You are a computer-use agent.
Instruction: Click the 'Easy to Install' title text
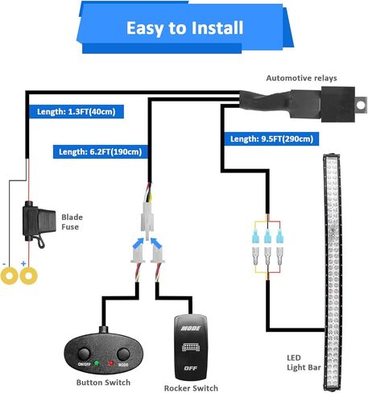184,28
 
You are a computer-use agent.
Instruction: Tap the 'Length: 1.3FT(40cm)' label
76,111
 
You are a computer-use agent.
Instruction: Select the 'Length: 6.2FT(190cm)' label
101,152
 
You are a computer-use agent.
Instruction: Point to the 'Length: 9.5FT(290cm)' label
271,139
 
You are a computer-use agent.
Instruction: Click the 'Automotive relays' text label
301,78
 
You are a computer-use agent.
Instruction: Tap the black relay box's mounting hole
362,105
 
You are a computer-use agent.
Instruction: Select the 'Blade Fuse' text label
72,222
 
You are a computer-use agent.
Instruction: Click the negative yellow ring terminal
10,275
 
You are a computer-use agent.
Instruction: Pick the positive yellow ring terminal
29,275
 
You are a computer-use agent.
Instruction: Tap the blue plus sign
23,263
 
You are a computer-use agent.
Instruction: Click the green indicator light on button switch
97,363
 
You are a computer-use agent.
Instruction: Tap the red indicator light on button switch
111,363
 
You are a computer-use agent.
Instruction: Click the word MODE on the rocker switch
191,328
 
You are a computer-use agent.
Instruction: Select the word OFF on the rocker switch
191,368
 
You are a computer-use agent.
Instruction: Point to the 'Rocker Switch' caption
191,388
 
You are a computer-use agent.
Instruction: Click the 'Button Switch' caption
103,383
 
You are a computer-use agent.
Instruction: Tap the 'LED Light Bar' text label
304,362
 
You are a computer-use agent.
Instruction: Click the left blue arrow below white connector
139,243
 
